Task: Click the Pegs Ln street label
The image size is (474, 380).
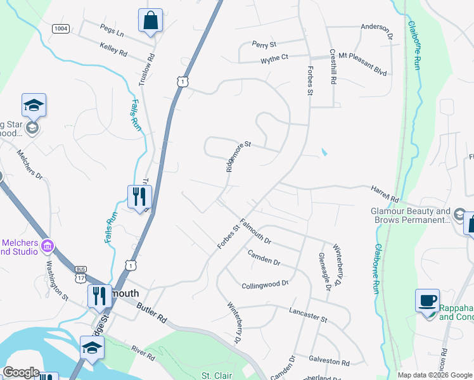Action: click(x=112, y=30)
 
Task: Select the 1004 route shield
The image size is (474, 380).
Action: click(x=61, y=28)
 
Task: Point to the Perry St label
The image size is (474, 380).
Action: click(x=264, y=45)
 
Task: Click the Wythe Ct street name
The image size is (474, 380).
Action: click(x=274, y=58)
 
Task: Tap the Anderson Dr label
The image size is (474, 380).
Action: click(x=377, y=27)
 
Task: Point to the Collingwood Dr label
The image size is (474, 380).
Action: click(x=265, y=285)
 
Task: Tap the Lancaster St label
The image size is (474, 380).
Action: click(x=307, y=315)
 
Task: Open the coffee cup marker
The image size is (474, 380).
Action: click(x=427, y=300)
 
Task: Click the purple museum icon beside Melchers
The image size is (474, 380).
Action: click(x=47, y=245)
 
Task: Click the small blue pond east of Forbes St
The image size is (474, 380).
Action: click(x=324, y=153)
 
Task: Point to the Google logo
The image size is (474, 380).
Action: click(x=21, y=372)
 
